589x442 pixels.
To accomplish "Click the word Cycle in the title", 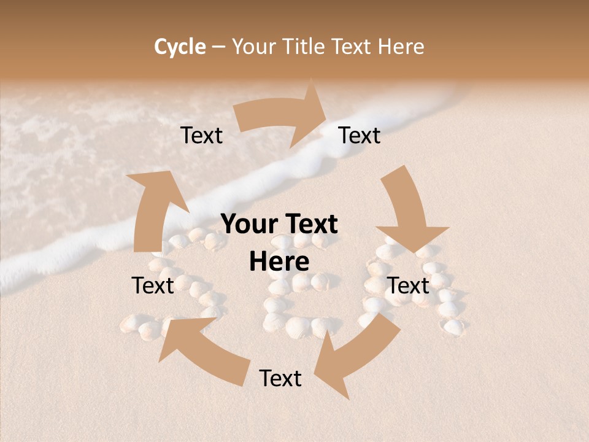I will point(180,47).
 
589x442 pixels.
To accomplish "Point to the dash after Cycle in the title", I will point(218,47).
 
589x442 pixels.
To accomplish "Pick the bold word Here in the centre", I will point(279,262).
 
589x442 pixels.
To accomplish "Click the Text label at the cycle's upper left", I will point(202,136).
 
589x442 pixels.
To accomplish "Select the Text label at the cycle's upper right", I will point(360,136).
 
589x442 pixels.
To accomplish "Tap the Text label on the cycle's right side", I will point(408,285).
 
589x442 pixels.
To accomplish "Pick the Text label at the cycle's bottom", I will point(280,378).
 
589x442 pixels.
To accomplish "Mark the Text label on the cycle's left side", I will point(153,285).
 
